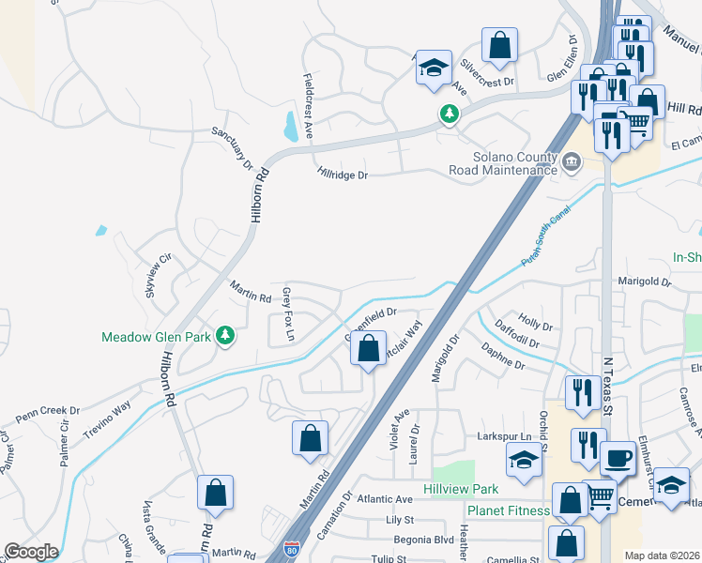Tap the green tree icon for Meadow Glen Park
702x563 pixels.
click(x=224, y=334)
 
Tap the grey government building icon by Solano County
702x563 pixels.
click(x=570, y=163)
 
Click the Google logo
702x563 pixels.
click(x=31, y=552)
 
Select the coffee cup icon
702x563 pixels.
click(x=617, y=458)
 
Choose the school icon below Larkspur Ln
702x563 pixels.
click(x=524, y=460)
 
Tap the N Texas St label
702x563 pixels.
click(x=607, y=385)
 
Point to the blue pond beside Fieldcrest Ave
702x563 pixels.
click(x=290, y=126)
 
